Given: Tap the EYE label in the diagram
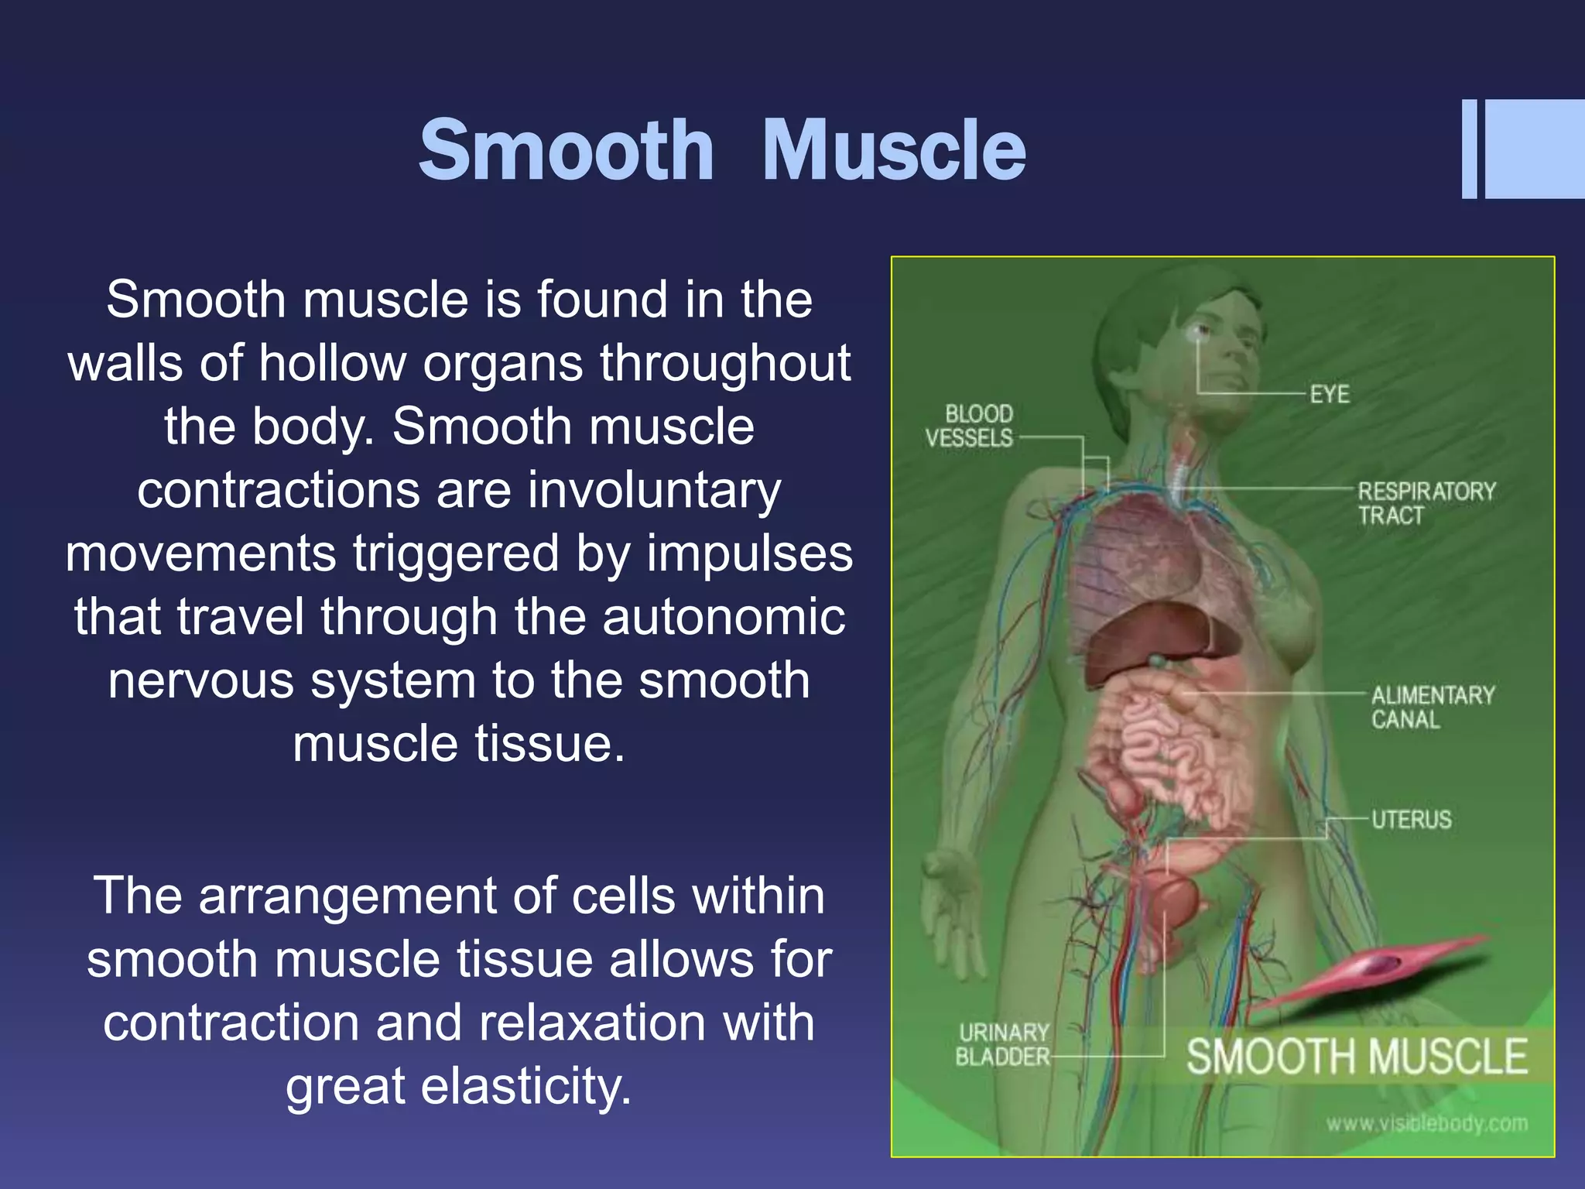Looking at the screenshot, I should coord(1329,394).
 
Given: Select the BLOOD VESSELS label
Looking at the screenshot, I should coord(970,426).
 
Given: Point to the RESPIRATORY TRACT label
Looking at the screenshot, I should coord(1426,503).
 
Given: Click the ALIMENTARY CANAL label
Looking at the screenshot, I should coord(1432,707).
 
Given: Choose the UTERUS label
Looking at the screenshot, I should coord(1411,819).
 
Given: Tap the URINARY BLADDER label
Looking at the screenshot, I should coord(1003,1044).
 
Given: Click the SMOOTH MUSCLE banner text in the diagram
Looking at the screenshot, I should coord(1357,1057).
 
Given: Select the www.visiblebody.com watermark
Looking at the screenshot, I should coord(1426,1123).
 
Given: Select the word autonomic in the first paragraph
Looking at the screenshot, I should coord(724,617).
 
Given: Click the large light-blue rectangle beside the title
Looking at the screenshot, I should coord(1534,149).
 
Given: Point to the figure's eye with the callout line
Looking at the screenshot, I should coord(1199,332).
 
